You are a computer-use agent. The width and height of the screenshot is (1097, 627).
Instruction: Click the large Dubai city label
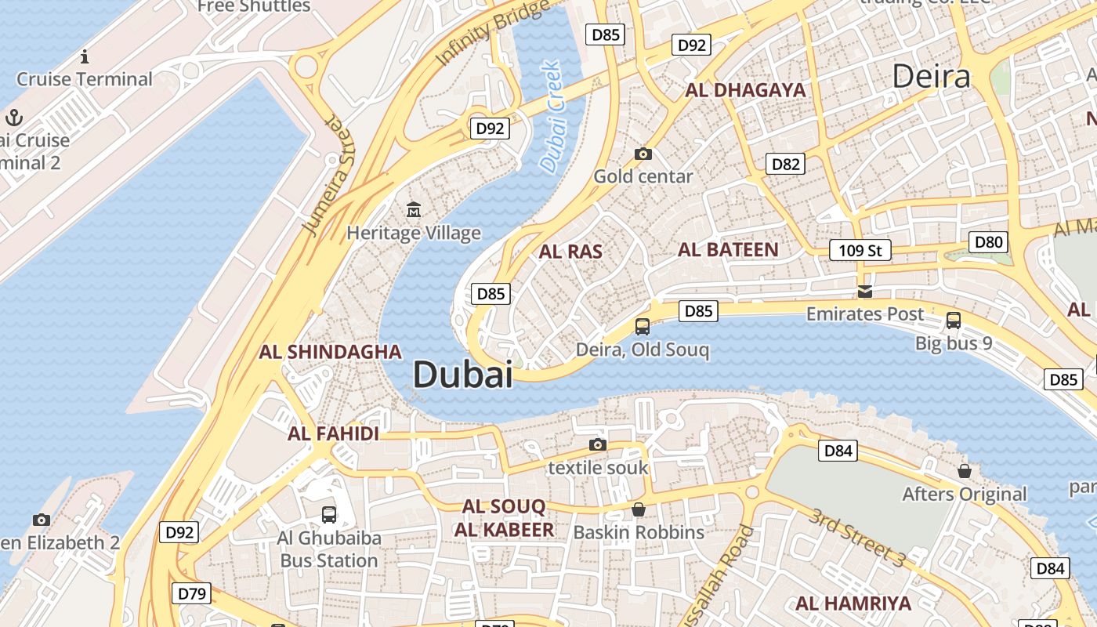(462, 375)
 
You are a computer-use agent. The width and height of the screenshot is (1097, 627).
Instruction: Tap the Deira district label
(932, 76)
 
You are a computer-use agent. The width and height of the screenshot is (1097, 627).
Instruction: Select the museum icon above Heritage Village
(414, 209)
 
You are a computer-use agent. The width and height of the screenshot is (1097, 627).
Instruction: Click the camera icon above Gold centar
(643, 154)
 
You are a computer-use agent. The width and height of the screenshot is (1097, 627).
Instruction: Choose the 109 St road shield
(860, 251)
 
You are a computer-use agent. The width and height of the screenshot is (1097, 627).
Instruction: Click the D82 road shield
(786, 164)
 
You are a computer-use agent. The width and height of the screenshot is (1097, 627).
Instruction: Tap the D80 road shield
(988, 242)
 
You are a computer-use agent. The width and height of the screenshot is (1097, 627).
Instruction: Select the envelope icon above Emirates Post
(865, 292)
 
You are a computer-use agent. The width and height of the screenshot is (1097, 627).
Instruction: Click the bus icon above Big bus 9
(954, 320)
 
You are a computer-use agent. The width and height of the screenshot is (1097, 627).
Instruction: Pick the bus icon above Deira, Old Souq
(643, 326)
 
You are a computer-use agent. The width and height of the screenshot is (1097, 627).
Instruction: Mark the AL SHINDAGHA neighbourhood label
(330, 352)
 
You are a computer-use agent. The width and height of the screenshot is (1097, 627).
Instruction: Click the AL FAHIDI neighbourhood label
(333, 433)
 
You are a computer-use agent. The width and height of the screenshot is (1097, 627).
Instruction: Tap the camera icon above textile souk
(598, 445)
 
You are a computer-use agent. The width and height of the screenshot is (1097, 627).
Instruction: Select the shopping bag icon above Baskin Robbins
(639, 510)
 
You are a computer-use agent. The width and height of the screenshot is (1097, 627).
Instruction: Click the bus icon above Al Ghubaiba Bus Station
(329, 515)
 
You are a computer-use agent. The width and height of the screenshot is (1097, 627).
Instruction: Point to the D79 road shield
(192, 593)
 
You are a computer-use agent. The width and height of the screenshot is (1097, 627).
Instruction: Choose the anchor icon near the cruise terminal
(13, 118)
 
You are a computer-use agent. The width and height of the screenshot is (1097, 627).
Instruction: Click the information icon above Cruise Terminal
(85, 56)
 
